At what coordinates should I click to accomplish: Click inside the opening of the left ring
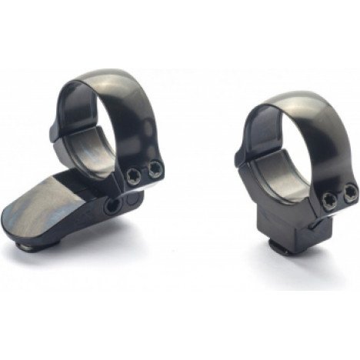(x=96, y=131)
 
